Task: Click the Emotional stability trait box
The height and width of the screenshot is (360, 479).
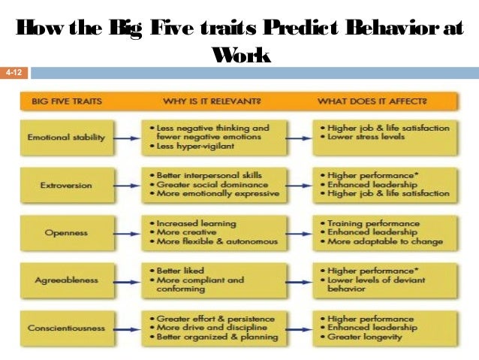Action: click(x=66, y=138)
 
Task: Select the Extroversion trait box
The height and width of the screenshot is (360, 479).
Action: click(x=66, y=184)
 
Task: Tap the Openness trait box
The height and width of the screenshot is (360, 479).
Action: click(x=66, y=232)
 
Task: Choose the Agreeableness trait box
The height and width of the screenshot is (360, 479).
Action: click(x=66, y=280)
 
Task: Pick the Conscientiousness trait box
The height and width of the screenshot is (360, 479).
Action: click(x=66, y=328)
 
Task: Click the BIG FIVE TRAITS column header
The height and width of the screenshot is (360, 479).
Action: click(x=66, y=100)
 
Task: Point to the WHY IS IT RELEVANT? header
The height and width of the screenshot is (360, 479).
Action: click(x=212, y=100)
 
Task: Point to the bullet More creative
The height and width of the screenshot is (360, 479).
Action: click(x=185, y=232)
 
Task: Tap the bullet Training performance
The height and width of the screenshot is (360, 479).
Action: click(x=368, y=223)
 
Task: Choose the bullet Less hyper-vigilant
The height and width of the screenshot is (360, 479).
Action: click(x=195, y=147)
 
